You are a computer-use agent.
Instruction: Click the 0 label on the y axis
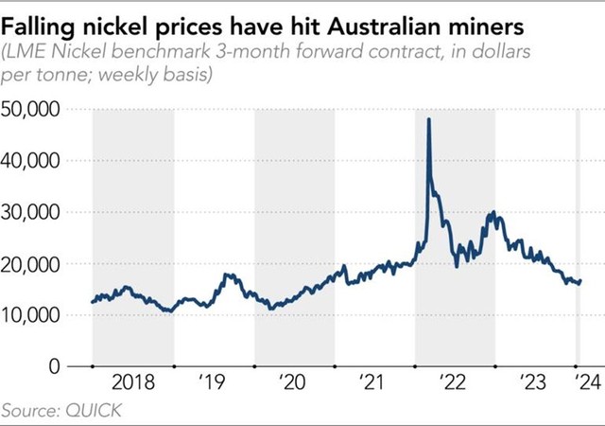click(x=55, y=365)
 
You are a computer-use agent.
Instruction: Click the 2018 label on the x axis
click(x=132, y=383)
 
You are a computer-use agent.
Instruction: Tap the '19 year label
click(x=214, y=383)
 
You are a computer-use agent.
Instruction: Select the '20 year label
click(x=294, y=383)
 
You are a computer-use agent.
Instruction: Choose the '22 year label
click(x=455, y=383)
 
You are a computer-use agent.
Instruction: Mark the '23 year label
click(x=535, y=383)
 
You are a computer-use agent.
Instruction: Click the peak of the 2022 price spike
click(x=429, y=119)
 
